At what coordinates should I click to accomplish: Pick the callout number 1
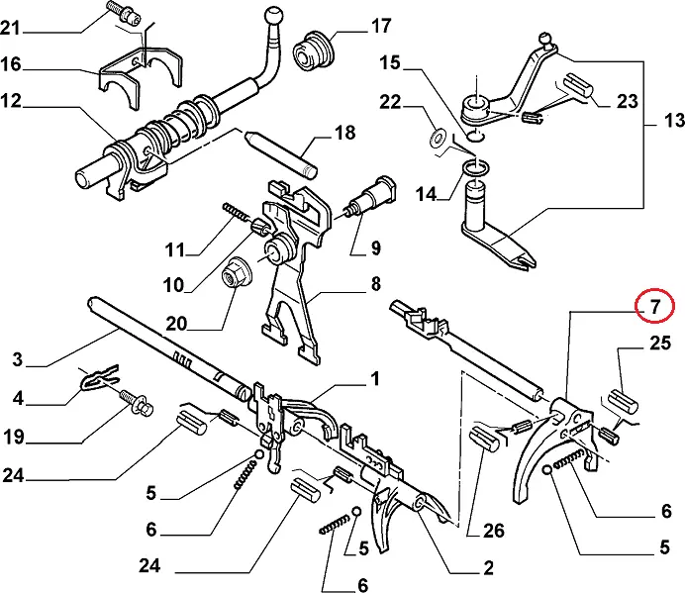(x=375, y=379)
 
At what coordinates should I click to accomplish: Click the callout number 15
(x=391, y=64)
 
